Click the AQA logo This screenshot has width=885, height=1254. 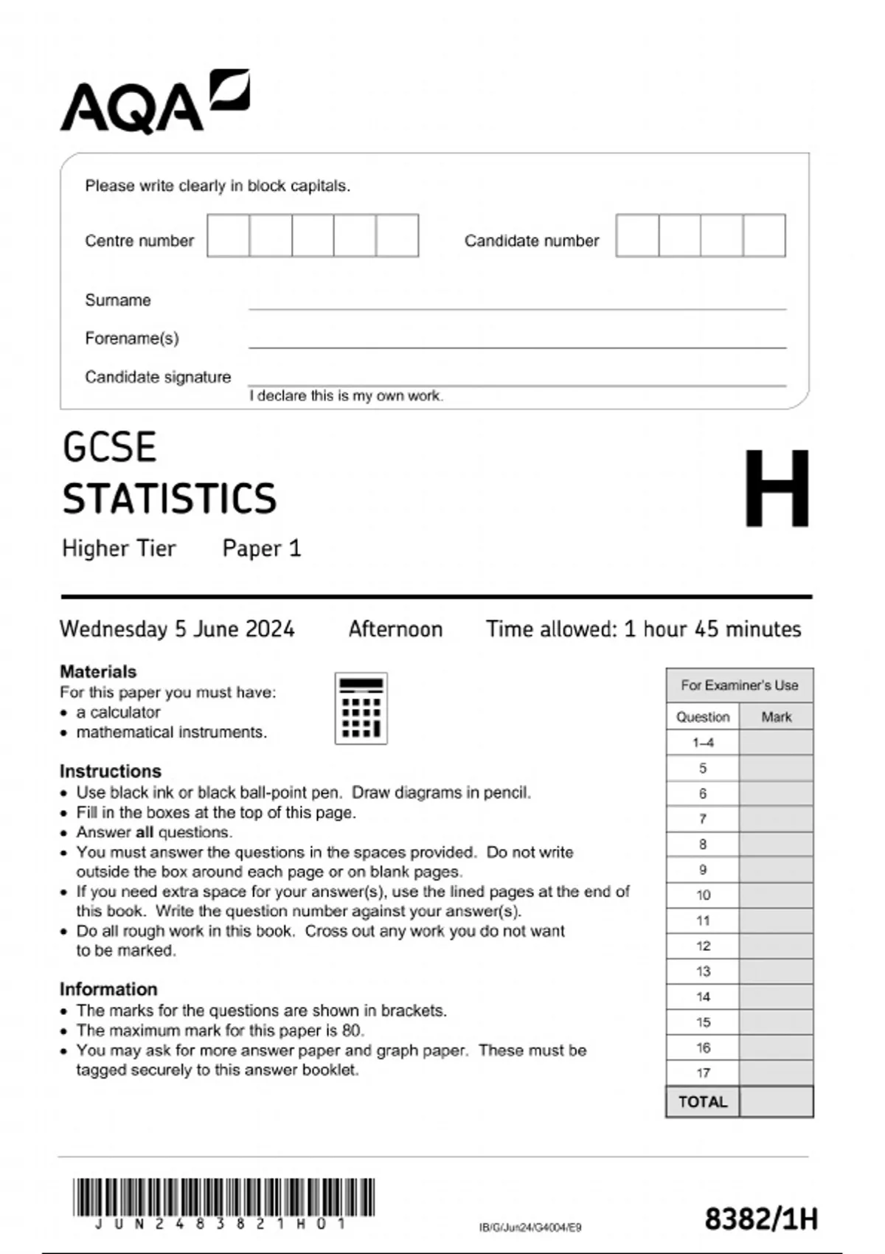point(154,102)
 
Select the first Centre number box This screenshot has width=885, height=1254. point(229,236)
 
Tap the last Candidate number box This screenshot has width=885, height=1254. point(764,236)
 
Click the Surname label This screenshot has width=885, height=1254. point(118,300)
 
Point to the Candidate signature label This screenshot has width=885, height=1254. point(158,377)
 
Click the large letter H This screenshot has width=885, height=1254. point(777,488)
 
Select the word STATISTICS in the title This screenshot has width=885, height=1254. point(170,499)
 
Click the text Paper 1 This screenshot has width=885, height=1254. point(262,548)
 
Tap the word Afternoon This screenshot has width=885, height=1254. point(395,629)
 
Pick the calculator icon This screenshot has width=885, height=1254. point(361,708)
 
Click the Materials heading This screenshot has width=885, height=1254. point(98,671)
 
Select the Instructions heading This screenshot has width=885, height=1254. point(111,771)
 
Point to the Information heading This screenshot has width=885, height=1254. point(108,989)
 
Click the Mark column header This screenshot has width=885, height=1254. point(777,717)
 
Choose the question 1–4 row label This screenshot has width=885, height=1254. point(703,743)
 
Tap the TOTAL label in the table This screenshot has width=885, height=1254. point(703,1102)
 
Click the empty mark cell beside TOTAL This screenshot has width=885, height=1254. point(777,1102)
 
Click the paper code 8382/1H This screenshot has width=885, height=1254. point(761,1219)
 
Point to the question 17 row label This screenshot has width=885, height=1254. point(703,1073)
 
